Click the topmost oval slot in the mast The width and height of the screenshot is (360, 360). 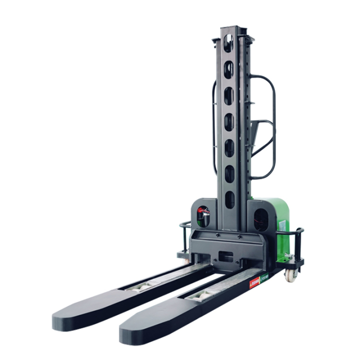click(228, 43)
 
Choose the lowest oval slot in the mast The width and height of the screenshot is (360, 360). click(229, 199)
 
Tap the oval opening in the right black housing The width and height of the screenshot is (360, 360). click(260, 218)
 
